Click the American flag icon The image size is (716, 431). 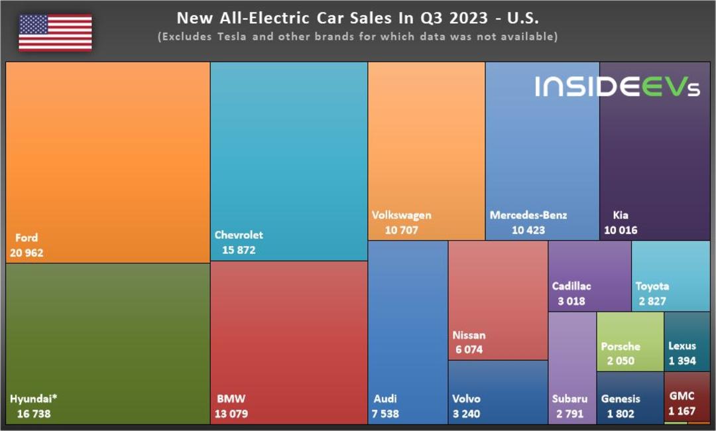(x=55, y=32)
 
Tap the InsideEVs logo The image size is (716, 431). (x=617, y=86)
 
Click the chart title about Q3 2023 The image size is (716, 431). (x=357, y=18)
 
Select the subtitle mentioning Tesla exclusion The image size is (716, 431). (x=357, y=36)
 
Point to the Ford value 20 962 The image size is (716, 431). (x=27, y=253)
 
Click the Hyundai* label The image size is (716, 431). (x=33, y=399)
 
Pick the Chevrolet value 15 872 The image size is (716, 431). (x=239, y=250)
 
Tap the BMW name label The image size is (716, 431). (x=231, y=399)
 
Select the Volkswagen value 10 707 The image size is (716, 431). (x=401, y=230)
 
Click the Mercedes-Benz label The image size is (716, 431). (x=528, y=215)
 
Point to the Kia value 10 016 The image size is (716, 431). (x=621, y=230)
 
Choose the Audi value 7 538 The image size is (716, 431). (x=385, y=414)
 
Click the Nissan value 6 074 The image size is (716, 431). (x=469, y=349)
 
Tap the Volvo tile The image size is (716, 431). (x=498, y=392)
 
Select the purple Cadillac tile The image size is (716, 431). (x=590, y=277)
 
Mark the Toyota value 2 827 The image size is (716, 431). (x=652, y=301)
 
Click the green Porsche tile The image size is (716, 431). (x=630, y=341)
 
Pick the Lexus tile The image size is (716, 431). (x=687, y=341)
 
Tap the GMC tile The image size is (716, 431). (x=687, y=397)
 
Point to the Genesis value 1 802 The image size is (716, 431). (x=621, y=414)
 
